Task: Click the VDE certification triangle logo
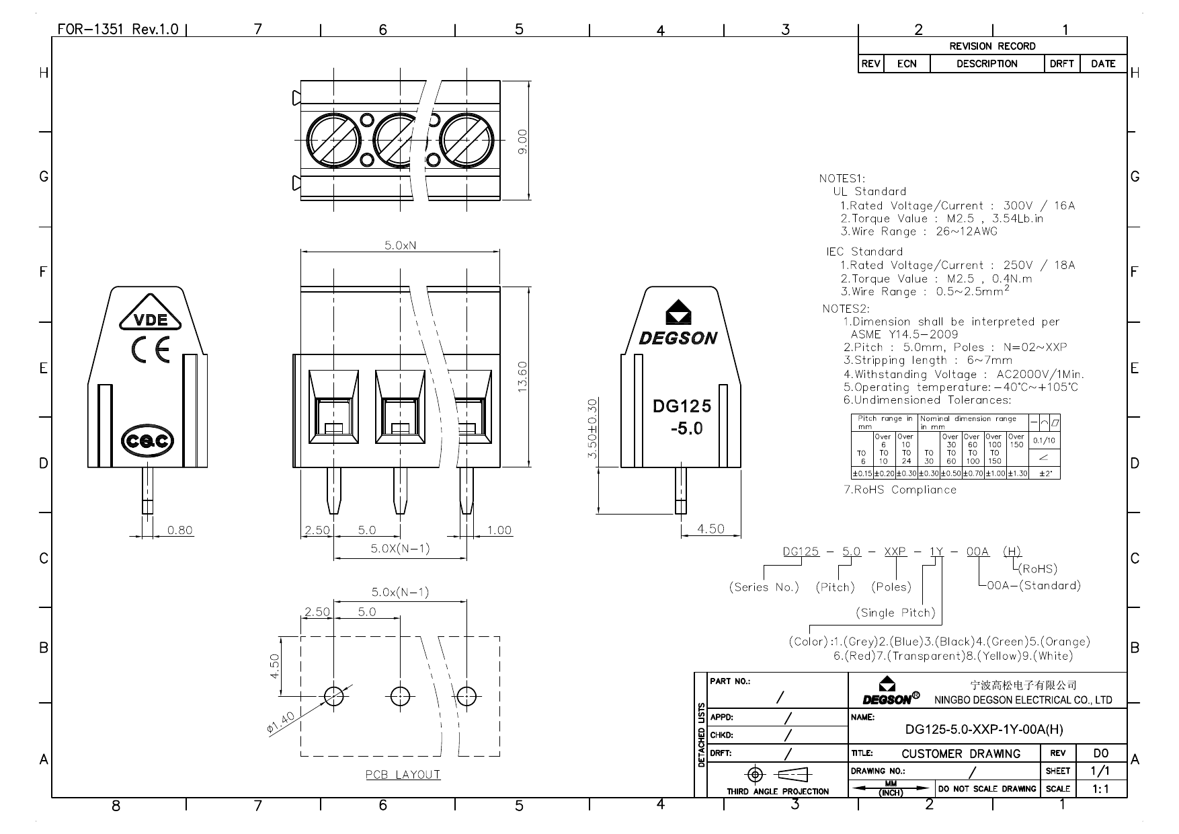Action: coord(151,318)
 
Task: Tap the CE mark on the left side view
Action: coord(151,350)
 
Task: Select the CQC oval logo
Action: coord(147,441)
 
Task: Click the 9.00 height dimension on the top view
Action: coord(523,141)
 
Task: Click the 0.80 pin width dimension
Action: coord(179,530)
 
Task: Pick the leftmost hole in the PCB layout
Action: coord(334,695)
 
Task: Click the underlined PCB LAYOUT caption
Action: coord(403,775)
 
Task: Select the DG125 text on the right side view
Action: coord(682,406)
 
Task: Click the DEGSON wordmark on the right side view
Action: coord(678,338)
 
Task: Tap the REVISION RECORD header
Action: coord(992,46)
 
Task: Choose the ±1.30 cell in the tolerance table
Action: coord(1018,473)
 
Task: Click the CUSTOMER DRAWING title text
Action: coord(961,754)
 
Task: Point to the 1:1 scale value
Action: coord(1100,789)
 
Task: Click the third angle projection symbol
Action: coord(778,774)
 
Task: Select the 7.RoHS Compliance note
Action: coord(899,490)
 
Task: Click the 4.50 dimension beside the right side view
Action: coord(710,529)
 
